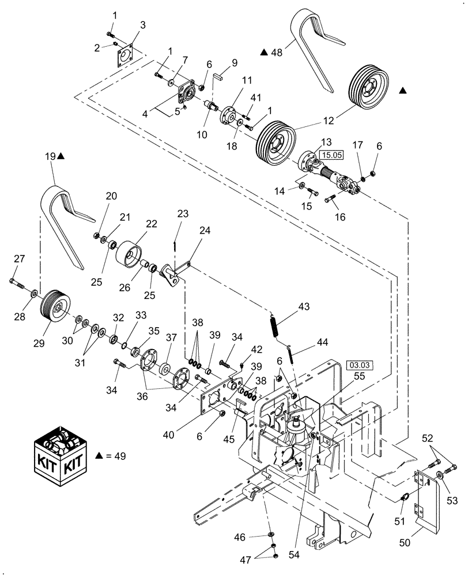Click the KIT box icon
tap(61, 455)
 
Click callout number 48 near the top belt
tap(277, 53)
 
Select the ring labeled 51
tap(405, 496)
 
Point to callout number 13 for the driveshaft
tap(327, 142)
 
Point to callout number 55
tap(358, 374)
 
